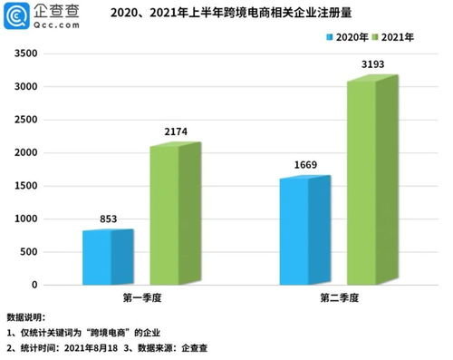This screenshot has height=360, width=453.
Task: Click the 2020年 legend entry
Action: (x=350, y=38)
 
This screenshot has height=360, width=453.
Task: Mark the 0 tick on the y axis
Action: (x=34, y=285)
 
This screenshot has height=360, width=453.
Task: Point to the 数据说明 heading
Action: (x=25, y=317)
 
